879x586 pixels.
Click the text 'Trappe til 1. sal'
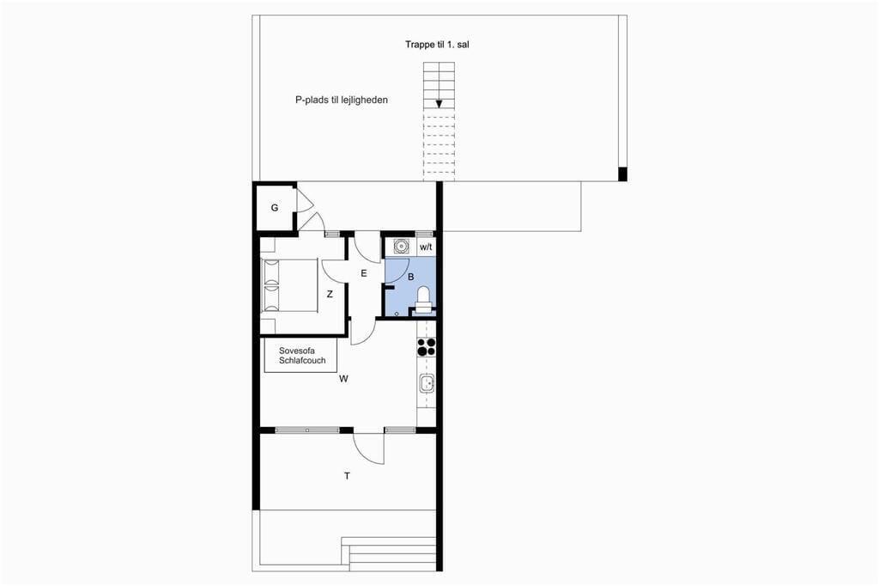pos(437,45)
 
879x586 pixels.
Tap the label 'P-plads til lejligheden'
pos(342,100)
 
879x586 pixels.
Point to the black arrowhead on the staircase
pos(439,104)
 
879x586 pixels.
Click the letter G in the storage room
pos(275,208)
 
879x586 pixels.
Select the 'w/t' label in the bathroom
pos(426,247)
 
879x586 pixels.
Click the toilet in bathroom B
pos(423,300)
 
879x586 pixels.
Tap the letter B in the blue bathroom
pos(411,277)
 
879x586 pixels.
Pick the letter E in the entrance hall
pos(364,273)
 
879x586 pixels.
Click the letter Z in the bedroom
pos(330,294)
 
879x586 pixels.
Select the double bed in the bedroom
pos(289,285)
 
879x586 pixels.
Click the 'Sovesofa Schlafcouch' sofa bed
pos(301,356)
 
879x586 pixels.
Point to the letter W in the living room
pos(343,379)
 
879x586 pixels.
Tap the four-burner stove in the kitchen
pos(426,346)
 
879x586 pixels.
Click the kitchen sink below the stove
pos(426,383)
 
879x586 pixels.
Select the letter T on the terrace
pos(347,476)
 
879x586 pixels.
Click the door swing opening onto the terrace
pos(369,448)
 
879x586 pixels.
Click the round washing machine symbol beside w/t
pos(400,246)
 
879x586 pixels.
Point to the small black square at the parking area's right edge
pos(622,174)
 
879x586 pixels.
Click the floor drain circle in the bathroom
pos(397,314)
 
